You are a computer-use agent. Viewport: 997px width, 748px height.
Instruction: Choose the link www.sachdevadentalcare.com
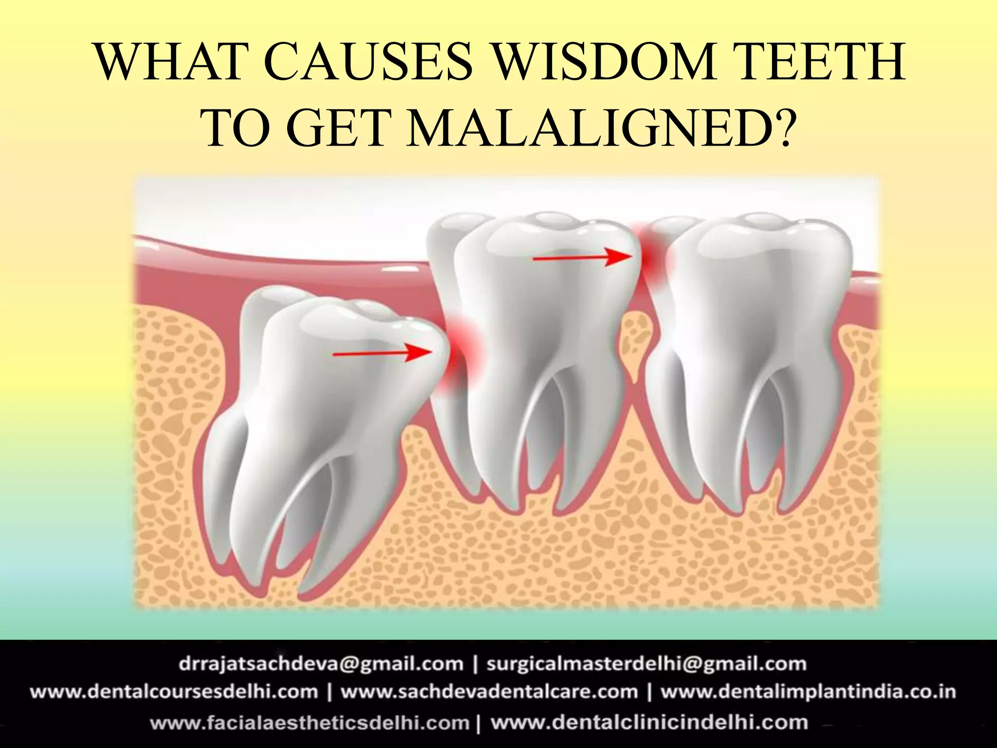click(x=489, y=692)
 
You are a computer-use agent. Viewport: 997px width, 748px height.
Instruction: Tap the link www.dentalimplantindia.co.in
click(x=808, y=692)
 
